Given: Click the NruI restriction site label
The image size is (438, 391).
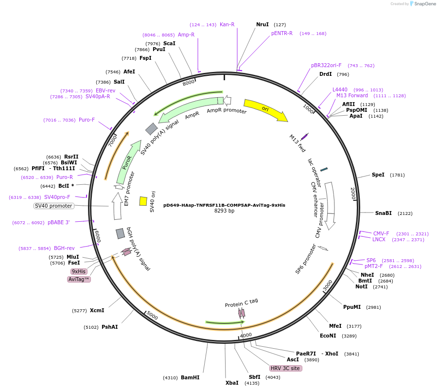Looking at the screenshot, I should (263, 24).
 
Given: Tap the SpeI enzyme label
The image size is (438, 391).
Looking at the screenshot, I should (378, 175).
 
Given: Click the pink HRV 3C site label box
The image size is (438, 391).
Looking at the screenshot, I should (286, 368).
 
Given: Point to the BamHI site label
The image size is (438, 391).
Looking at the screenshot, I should (190, 377).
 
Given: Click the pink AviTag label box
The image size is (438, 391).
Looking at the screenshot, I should (79, 279).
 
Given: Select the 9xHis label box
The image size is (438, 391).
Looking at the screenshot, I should (79, 271).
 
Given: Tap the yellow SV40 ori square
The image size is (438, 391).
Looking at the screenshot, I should (143, 201).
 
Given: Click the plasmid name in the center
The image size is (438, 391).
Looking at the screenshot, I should (224, 205).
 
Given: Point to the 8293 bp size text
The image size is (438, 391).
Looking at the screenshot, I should (224, 211).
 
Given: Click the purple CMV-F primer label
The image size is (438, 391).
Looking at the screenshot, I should (381, 233).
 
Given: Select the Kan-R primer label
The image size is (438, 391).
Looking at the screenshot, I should (227, 24).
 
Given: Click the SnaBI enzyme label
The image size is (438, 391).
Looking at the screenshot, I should (383, 213).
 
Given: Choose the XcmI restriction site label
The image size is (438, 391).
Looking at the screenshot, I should (97, 310).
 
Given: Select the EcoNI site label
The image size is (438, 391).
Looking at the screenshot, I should (328, 336).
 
